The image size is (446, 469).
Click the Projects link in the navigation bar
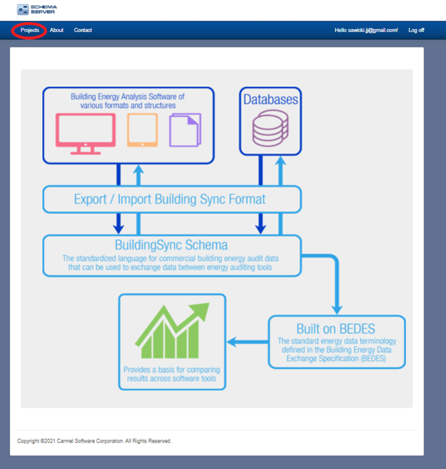pyautogui.click(x=30, y=30)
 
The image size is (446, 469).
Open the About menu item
pyautogui.click(x=56, y=30)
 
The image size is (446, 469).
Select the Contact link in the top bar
pyautogui.click(x=83, y=30)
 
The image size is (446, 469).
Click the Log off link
pyautogui.click(x=416, y=30)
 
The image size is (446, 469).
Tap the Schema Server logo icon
pyautogui.click(x=23, y=9)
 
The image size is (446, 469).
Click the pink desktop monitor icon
pyautogui.click(x=86, y=134)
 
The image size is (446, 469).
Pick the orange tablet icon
pyautogui.click(x=142, y=130)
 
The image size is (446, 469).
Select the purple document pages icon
pyautogui.click(x=185, y=130)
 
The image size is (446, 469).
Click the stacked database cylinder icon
pyautogui.click(x=270, y=128)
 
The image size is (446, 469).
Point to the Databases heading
pyautogui.click(x=270, y=99)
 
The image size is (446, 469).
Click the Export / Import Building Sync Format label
pyautogui.click(x=169, y=199)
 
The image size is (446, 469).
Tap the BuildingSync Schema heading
pyautogui.click(x=172, y=245)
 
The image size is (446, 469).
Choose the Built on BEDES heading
pyautogui.click(x=336, y=329)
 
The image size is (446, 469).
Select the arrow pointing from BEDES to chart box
pyautogui.click(x=247, y=342)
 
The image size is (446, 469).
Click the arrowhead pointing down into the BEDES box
pyautogui.click(x=337, y=310)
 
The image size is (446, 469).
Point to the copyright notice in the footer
pyautogui.click(x=94, y=441)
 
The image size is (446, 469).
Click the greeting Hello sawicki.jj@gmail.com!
pyautogui.click(x=366, y=30)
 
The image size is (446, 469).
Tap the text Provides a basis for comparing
pyautogui.click(x=172, y=370)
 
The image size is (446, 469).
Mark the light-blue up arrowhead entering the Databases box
pyautogui.click(x=280, y=161)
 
